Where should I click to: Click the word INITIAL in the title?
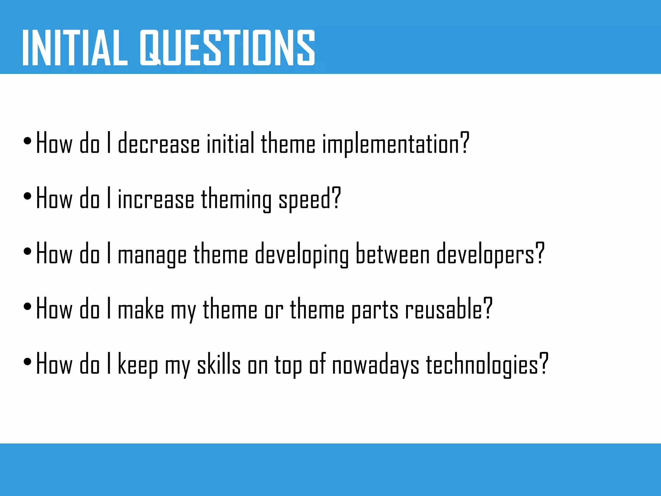click(x=75, y=48)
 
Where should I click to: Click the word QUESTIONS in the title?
click(x=227, y=48)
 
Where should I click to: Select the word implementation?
click(x=391, y=144)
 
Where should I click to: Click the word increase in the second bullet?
click(x=156, y=199)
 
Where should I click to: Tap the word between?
click(x=392, y=254)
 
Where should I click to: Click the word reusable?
click(x=444, y=309)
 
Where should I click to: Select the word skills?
click(x=219, y=364)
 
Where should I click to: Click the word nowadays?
click(x=375, y=365)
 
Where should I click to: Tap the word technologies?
click(x=482, y=365)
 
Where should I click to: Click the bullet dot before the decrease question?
click(x=27, y=141)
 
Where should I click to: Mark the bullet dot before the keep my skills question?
click(x=27, y=361)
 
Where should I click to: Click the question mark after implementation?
click(x=464, y=143)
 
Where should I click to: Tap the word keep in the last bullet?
click(x=138, y=365)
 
